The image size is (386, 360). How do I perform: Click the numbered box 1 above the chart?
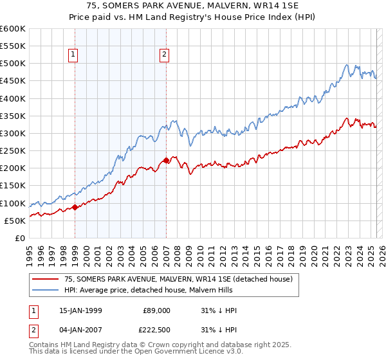(74, 55)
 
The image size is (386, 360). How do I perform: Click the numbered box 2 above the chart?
(165, 55)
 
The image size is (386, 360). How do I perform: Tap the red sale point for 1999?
(75, 207)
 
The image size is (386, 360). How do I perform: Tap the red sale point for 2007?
(166, 160)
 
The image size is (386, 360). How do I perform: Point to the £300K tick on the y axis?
(12, 134)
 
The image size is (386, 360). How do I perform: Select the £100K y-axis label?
(12, 203)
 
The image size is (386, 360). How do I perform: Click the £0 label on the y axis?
(19, 238)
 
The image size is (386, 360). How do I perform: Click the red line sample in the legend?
(46, 279)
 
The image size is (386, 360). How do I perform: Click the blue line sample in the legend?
(46, 290)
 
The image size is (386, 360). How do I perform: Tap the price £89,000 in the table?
(156, 310)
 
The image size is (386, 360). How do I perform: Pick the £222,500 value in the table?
(154, 330)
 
